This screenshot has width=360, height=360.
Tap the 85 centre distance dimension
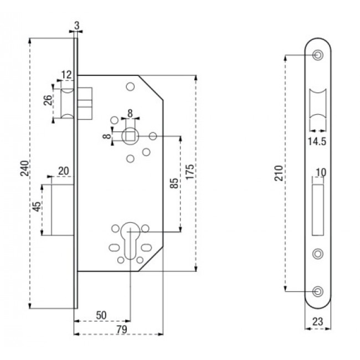[174, 183]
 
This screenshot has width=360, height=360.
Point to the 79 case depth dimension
[121, 330]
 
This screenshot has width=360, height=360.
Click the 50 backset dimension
[101, 315]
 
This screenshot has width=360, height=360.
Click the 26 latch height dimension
[48, 101]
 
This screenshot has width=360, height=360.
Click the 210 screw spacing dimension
[277, 173]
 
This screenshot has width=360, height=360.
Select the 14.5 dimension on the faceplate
[317, 142]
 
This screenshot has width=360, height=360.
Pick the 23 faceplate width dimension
[318, 320]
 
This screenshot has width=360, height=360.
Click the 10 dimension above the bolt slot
[320, 172]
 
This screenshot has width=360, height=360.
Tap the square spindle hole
[130, 135]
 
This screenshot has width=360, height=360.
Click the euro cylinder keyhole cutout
[131, 239]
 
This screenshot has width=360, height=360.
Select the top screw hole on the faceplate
[318, 55]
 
